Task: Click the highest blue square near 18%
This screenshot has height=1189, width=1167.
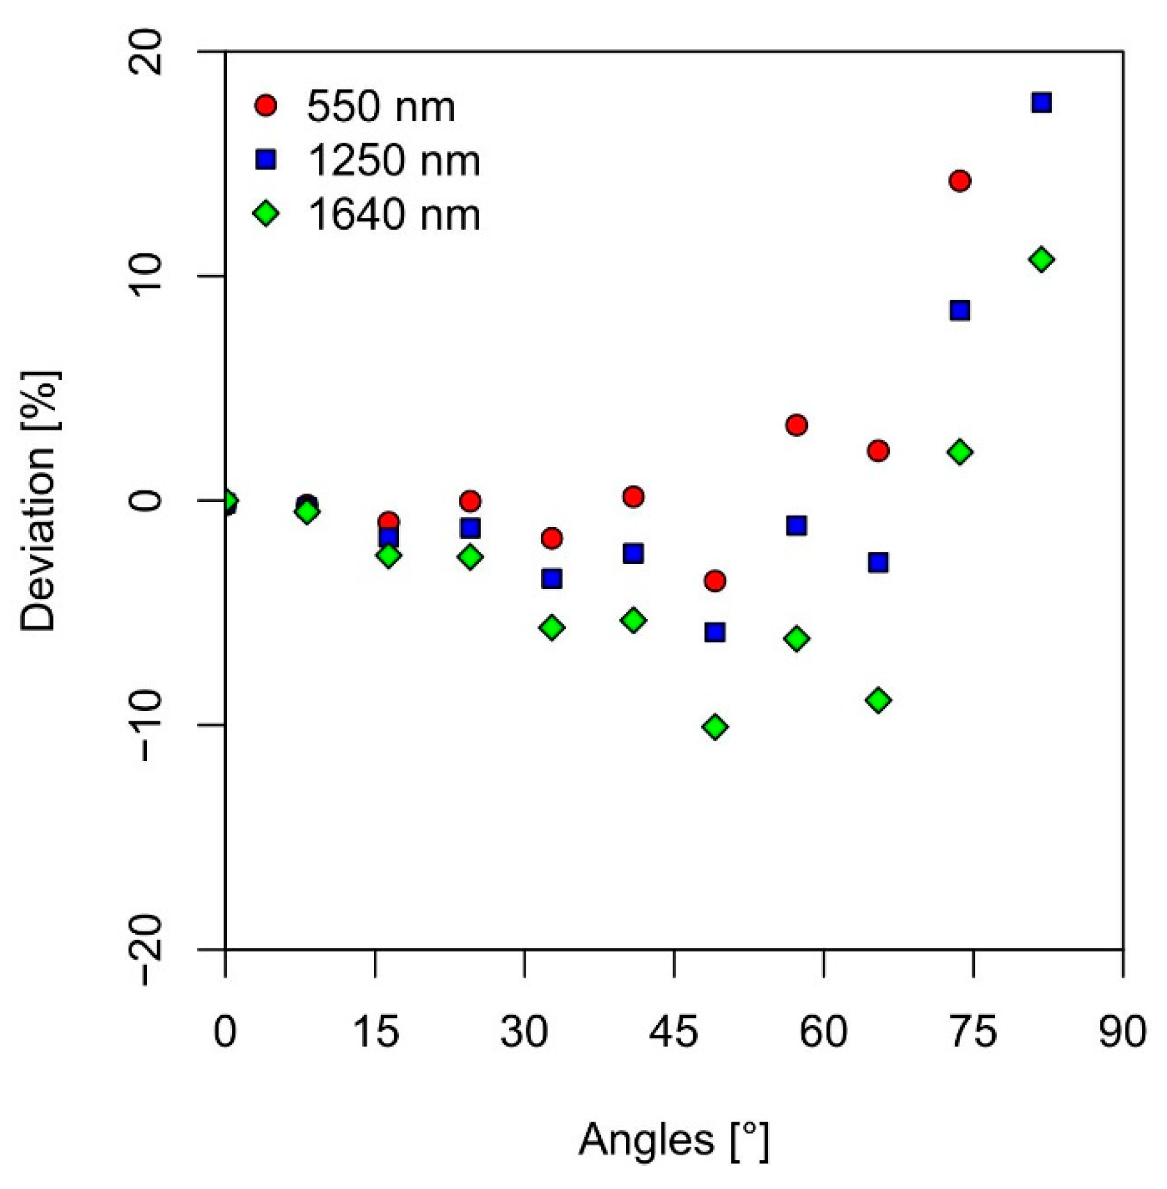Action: point(1042,102)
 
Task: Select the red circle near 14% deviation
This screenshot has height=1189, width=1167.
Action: point(960,181)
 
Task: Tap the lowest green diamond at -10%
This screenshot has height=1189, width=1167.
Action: point(715,727)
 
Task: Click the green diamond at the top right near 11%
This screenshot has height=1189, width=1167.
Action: point(1042,260)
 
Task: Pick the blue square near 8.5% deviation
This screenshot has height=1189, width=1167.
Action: point(960,311)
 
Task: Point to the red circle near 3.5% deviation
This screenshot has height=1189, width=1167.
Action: point(796,425)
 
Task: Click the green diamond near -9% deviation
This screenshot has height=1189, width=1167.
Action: point(878,700)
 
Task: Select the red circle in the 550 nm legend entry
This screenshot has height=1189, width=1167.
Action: point(266,105)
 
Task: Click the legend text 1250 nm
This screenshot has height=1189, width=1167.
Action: point(393,160)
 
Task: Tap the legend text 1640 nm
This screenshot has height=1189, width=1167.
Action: point(393,215)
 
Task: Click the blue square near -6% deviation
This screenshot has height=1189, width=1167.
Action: point(715,632)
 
